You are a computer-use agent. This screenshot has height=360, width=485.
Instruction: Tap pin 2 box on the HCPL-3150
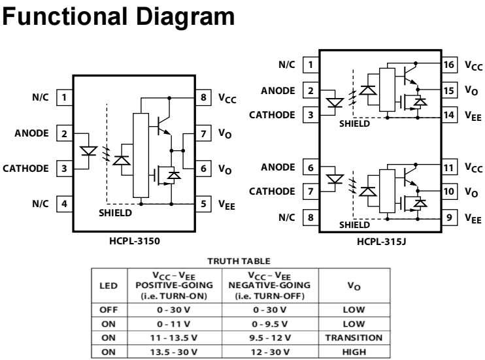click(64, 133)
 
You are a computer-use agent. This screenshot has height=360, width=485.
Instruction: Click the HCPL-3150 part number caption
click(135, 240)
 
